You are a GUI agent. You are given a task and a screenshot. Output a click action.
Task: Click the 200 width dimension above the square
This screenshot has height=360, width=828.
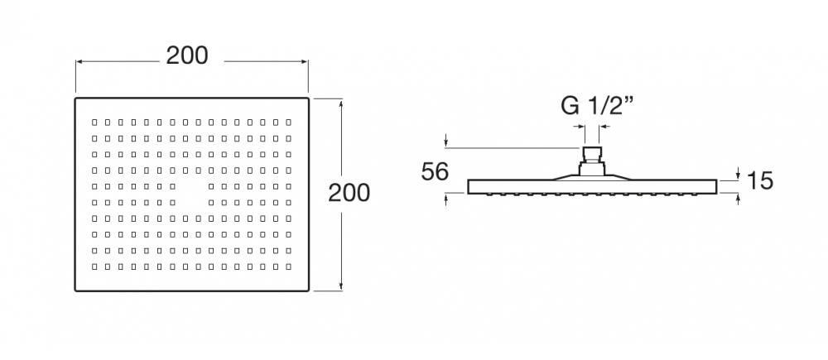tap(187, 55)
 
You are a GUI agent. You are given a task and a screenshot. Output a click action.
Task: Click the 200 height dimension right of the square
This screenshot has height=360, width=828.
tap(349, 193)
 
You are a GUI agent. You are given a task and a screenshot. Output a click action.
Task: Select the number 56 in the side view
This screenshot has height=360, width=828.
tap(435, 172)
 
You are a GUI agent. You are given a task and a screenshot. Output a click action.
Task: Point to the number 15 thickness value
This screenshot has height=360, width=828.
tap(759, 180)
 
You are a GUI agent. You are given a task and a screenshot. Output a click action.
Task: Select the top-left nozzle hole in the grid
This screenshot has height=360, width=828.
tap(94, 122)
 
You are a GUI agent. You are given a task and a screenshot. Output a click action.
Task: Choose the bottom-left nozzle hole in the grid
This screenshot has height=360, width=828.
tap(94, 266)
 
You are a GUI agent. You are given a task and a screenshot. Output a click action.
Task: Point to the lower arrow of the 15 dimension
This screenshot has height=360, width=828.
tap(738, 197)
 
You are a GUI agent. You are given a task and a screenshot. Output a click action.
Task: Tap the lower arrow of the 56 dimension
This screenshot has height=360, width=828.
tap(447, 197)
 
